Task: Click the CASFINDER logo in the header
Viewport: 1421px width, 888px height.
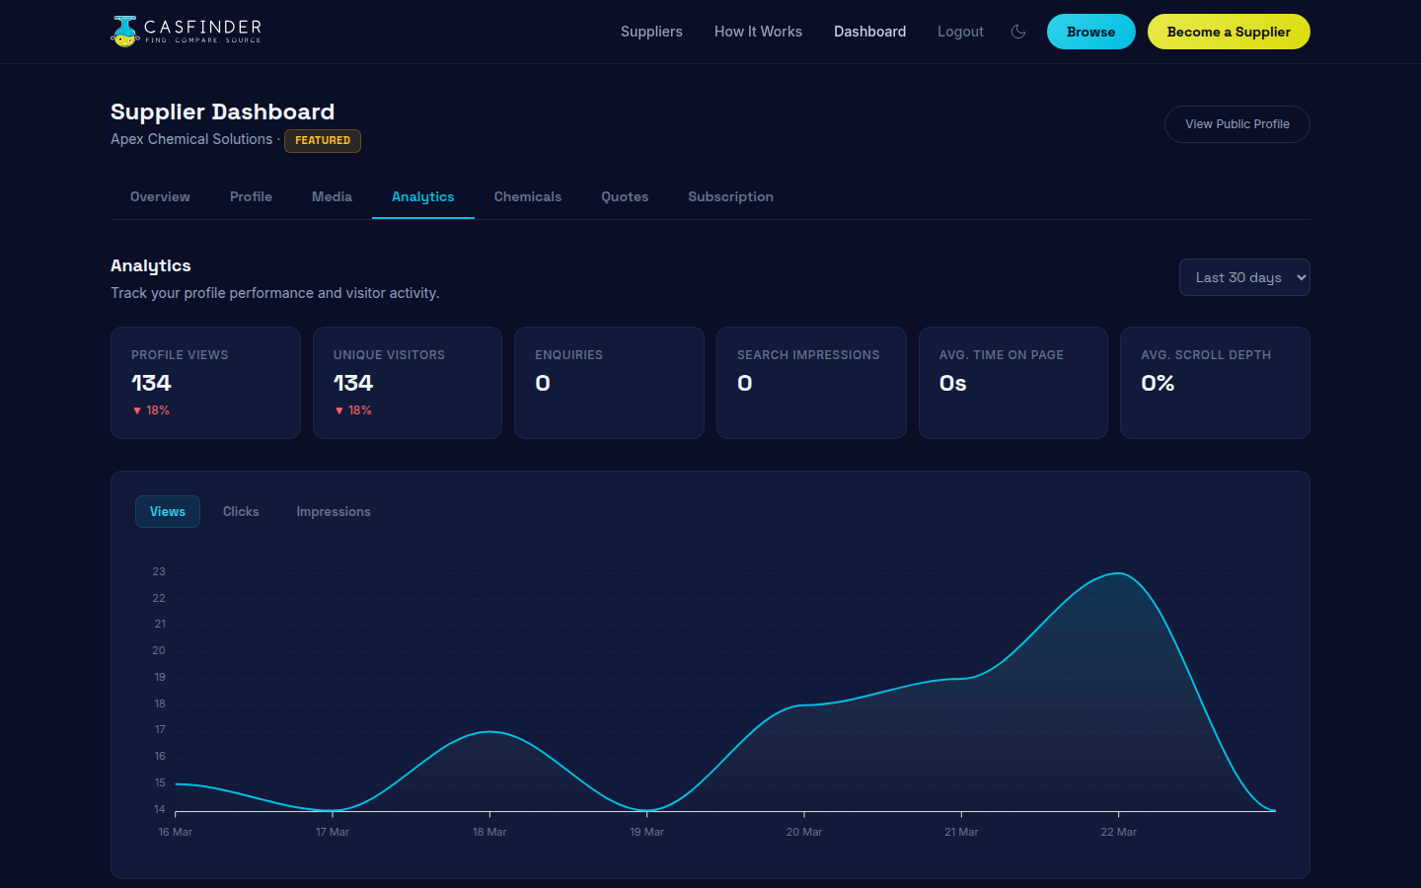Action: tap(187, 31)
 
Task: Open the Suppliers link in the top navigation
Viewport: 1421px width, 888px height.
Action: tap(651, 32)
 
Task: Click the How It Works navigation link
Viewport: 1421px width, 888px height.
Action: tap(758, 32)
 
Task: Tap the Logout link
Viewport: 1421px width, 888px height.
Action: tap(960, 32)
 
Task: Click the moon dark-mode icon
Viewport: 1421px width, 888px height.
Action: tap(1018, 32)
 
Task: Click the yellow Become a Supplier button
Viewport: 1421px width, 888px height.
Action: tap(1228, 32)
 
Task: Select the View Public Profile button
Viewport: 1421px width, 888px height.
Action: tap(1236, 124)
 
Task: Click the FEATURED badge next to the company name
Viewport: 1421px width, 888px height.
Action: tap(323, 141)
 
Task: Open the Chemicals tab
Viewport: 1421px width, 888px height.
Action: tap(527, 197)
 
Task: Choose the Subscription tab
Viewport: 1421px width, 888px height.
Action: tap(730, 197)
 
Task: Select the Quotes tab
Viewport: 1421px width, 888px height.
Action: tap(625, 197)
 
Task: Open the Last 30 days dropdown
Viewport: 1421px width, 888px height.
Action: tap(1243, 277)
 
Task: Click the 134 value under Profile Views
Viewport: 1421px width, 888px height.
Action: tap(151, 383)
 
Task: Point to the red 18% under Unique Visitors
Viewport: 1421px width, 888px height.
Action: tap(353, 410)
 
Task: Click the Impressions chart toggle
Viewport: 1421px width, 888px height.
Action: tap(334, 512)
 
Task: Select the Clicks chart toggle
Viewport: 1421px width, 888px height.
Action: tap(241, 512)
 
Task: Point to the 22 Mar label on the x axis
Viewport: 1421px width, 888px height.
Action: tap(1118, 833)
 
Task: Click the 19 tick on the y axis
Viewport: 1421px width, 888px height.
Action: tap(159, 678)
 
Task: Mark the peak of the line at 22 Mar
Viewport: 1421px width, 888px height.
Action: tap(1118, 573)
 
